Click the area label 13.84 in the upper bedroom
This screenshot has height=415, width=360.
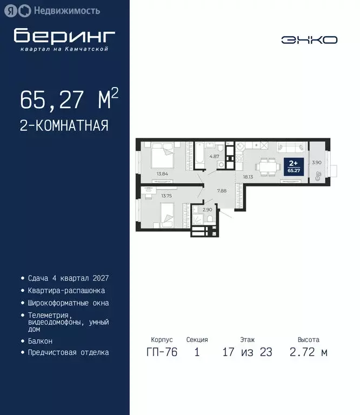point(162,173)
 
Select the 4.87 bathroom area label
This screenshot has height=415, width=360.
point(214,156)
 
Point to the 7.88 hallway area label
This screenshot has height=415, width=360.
point(221,190)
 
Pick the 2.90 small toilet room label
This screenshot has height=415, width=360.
point(207,209)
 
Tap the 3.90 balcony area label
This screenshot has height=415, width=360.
point(318,163)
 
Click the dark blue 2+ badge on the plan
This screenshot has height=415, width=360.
point(293,165)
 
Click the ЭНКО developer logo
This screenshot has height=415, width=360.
point(309,40)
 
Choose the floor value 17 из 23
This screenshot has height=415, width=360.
point(247,353)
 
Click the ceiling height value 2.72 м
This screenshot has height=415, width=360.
point(308,353)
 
